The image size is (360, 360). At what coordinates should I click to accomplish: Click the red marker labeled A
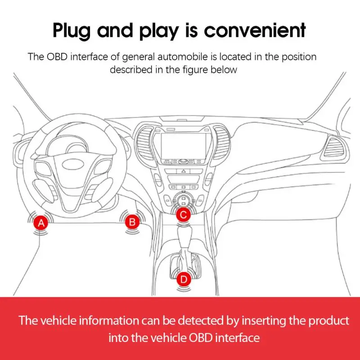tap(41, 223)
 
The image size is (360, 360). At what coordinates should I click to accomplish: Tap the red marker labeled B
tap(132, 221)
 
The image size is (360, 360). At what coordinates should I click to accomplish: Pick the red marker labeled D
tap(183, 279)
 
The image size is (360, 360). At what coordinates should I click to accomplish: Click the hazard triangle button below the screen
tap(183, 172)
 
